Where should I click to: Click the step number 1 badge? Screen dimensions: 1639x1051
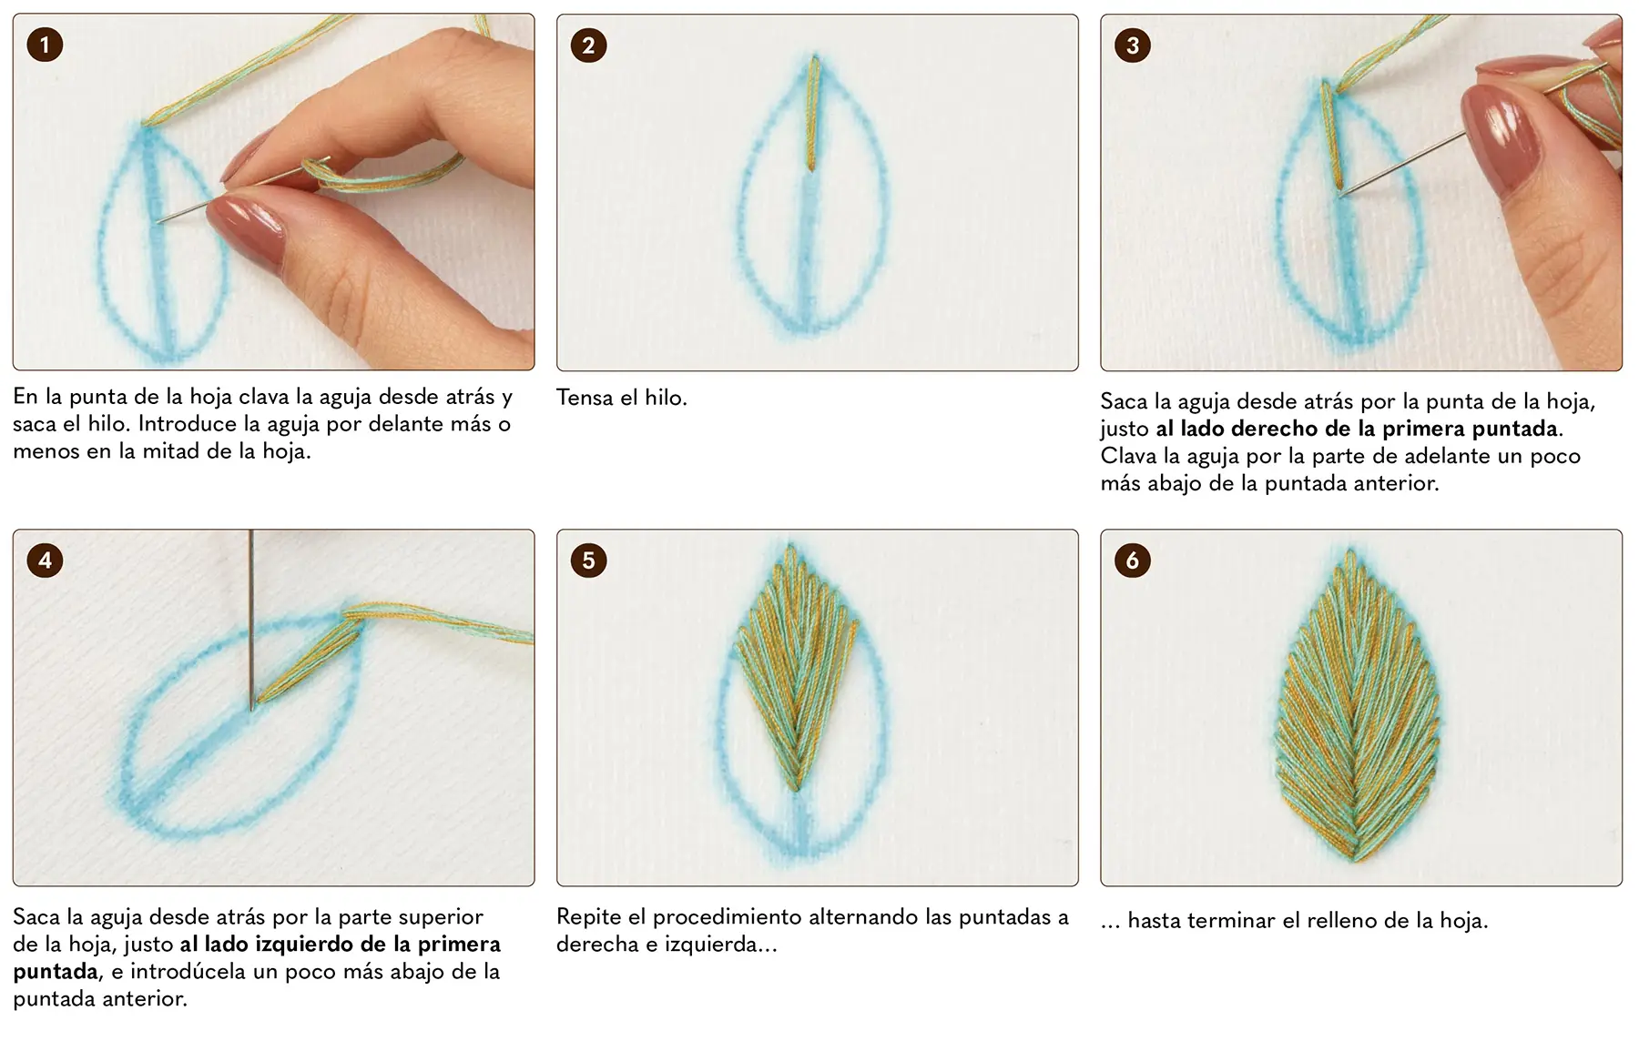point(45,45)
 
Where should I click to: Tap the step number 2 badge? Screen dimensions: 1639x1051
point(588,45)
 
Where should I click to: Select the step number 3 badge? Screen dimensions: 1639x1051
point(1133,45)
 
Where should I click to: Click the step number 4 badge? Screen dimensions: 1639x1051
point(45,561)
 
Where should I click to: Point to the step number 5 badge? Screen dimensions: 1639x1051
point(588,561)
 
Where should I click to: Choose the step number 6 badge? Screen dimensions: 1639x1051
point(1133,561)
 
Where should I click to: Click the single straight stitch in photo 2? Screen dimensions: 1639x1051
point(812,113)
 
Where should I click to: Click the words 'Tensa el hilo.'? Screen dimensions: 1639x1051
point(622,398)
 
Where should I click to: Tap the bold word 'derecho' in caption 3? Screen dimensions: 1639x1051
point(1275,429)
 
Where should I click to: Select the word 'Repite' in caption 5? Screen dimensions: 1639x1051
point(589,917)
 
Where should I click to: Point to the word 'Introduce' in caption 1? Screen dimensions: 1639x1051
point(188,424)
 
